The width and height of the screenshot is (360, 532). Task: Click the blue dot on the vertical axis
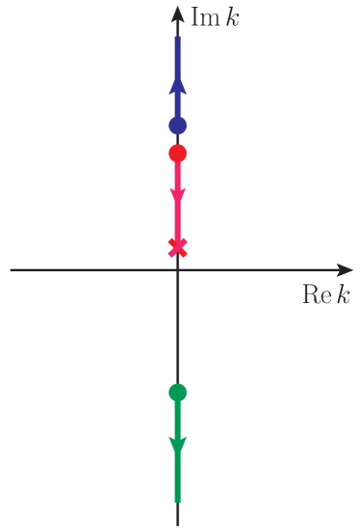(x=177, y=125)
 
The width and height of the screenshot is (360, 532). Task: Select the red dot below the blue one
(x=177, y=153)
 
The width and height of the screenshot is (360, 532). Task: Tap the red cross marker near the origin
(x=177, y=247)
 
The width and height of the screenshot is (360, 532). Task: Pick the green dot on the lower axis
(x=177, y=392)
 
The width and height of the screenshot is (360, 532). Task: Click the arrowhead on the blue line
(x=177, y=86)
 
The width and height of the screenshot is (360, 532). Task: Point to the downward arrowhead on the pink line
(x=177, y=197)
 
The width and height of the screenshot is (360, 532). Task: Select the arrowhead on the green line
(x=177, y=445)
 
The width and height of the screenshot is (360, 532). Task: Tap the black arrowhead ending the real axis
(x=345, y=270)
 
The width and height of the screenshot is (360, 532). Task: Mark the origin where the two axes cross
(x=177, y=270)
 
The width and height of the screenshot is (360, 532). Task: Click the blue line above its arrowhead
(x=177, y=58)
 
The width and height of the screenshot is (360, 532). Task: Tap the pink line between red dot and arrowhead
(x=177, y=175)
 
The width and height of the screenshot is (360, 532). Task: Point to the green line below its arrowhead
(x=177, y=477)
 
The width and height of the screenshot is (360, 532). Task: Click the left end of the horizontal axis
(x=13, y=270)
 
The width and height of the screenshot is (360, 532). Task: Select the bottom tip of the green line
(x=177, y=500)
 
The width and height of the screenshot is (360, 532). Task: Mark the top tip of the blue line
(x=177, y=38)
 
